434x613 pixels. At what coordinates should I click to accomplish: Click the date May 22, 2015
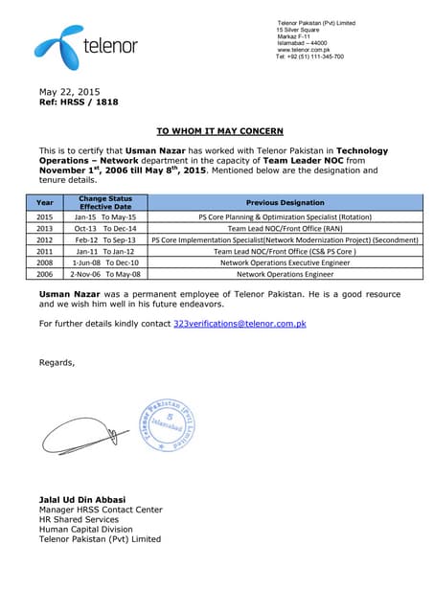(69, 91)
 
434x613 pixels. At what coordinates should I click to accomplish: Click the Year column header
(45, 202)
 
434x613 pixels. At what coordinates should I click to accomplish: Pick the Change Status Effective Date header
(105, 202)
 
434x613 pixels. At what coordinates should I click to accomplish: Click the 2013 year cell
(45, 229)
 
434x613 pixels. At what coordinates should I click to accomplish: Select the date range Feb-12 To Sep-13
(105, 239)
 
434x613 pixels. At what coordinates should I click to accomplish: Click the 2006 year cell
(45, 273)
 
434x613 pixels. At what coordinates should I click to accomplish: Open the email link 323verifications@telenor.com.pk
(240, 325)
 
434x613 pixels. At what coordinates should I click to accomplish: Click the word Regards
(57, 362)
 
